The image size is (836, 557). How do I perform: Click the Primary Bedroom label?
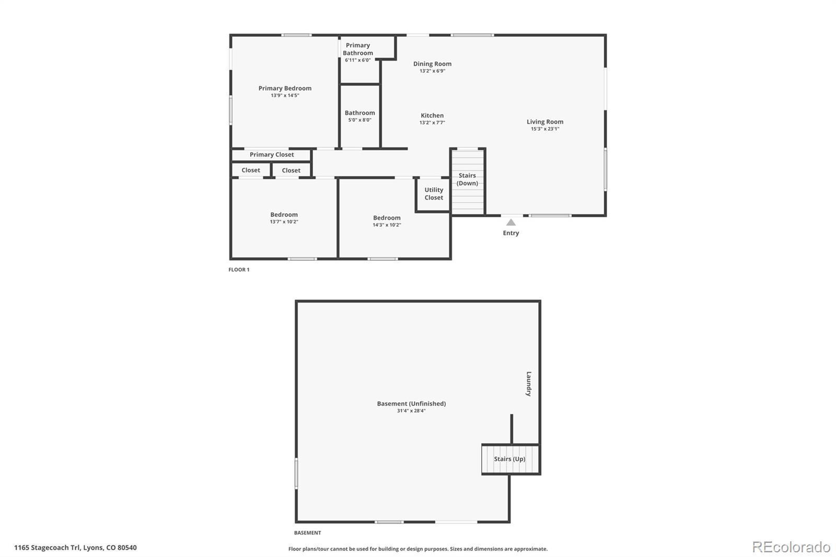(x=285, y=88)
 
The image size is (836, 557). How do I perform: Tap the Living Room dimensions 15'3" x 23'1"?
(x=545, y=129)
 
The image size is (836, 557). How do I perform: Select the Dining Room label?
(x=432, y=64)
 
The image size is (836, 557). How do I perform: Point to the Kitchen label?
(x=432, y=115)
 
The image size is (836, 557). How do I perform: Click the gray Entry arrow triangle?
(x=511, y=223)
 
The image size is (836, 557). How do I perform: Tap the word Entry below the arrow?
(x=511, y=233)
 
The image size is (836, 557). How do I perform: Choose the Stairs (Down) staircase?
(x=468, y=182)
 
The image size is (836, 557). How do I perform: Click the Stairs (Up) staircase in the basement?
(x=510, y=459)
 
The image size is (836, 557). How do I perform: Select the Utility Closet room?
(x=433, y=194)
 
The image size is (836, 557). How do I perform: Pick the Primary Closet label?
(x=272, y=155)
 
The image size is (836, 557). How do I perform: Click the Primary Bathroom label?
(x=358, y=49)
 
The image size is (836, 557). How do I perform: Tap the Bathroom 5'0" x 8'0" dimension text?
(x=360, y=120)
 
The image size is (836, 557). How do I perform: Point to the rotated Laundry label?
(x=528, y=384)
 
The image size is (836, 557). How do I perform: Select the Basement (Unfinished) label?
(x=411, y=403)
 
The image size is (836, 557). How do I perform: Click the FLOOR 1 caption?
(x=239, y=270)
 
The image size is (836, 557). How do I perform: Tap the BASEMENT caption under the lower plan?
(x=308, y=533)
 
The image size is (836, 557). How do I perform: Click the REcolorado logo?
(x=791, y=547)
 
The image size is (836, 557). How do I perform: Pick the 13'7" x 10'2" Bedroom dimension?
(x=284, y=222)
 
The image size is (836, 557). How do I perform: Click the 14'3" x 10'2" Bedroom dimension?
(x=387, y=225)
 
